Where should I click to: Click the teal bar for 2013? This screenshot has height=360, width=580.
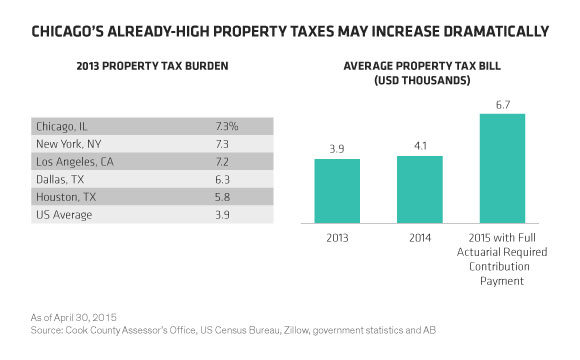tap(337, 191)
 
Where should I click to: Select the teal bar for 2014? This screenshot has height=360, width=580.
tap(420, 189)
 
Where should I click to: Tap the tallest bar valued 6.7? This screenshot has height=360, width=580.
tap(502, 168)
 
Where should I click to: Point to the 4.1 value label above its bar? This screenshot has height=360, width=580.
tap(420, 146)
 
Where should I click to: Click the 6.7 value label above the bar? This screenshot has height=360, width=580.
tap(503, 105)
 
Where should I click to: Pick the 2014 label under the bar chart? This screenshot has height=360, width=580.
tap(420, 238)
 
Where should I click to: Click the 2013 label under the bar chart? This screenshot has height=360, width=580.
tap(337, 238)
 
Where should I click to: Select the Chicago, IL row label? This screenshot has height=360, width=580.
tap(62, 127)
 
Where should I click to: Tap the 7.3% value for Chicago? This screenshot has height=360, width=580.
tap(227, 127)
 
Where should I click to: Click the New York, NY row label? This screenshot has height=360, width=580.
tap(68, 144)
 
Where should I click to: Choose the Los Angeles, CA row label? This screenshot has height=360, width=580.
tap(75, 162)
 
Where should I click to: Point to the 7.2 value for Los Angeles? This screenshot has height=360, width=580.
tap(222, 162)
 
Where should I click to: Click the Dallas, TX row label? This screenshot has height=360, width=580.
tap(60, 179)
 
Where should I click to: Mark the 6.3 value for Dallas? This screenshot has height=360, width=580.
tap(222, 179)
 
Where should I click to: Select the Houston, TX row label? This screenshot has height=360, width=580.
tap(66, 197)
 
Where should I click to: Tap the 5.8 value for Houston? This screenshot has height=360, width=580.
tap(222, 197)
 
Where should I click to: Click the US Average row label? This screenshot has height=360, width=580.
tap(64, 215)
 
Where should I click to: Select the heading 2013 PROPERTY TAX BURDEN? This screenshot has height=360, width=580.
tap(152, 66)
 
